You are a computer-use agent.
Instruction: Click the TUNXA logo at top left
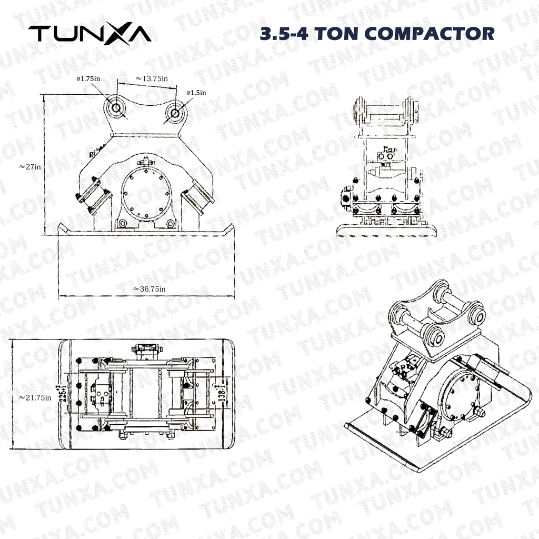tap(89, 34)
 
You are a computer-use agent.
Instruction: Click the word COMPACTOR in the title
tap(430, 34)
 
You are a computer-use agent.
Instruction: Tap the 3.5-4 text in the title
tap(287, 34)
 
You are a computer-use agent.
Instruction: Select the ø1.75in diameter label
tap(88, 78)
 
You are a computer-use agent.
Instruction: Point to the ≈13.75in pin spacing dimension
tap(152, 78)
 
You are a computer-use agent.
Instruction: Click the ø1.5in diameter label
tap(196, 93)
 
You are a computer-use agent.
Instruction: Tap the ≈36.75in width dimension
tap(149, 289)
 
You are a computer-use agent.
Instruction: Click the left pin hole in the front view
tap(115, 107)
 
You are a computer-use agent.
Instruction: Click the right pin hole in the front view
tap(174, 112)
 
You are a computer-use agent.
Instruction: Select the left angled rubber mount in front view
tap(94, 195)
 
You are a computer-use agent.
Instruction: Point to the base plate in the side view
tap(386, 229)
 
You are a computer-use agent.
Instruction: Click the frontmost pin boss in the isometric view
tap(433, 336)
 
